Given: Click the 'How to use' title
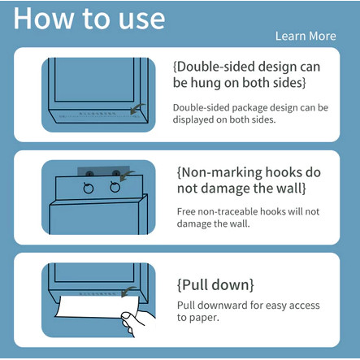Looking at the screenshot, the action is [89, 19].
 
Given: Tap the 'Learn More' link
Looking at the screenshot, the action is [306, 36].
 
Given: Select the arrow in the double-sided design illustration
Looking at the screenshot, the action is [137, 109].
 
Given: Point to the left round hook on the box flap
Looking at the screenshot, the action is [89, 188].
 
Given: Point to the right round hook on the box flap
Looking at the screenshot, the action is [115, 187].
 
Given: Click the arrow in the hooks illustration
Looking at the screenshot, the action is [127, 176].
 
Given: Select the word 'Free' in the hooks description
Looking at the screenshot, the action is [186, 211].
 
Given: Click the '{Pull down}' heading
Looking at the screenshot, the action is [215, 284].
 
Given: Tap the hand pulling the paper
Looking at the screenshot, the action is [137, 322].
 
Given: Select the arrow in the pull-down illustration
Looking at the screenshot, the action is [128, 292].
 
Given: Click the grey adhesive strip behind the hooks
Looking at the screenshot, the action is [103, 171].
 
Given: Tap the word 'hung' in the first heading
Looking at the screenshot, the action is [206, 83].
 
